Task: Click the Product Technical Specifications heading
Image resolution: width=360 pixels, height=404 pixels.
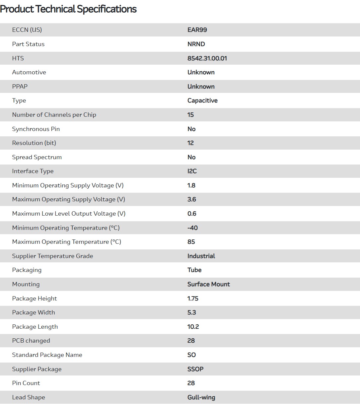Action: point(68,9)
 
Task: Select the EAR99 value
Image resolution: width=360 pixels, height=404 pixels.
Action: point(197,30)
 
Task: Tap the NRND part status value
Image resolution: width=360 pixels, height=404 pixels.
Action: point(196,44)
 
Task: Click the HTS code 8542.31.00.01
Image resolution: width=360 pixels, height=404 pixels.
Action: point(207,58)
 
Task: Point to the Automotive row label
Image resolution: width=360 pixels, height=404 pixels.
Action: point(29,72)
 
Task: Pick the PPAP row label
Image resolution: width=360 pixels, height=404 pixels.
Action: point(20,87)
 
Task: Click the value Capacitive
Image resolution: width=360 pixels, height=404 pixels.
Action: point(202,101)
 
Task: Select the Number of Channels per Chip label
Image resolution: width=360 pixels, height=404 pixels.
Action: point(54,115)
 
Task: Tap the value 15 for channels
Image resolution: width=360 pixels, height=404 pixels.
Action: point(190,115)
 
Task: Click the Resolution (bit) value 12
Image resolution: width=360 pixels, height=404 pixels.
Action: point(190,143)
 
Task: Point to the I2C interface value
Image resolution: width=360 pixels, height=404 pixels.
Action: point(192,171)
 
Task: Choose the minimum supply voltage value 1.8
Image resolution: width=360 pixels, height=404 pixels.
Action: point(191,185)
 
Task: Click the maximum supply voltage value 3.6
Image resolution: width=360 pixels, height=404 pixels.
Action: point(192,199)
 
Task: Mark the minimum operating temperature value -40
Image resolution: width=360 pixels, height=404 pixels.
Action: point(192,228)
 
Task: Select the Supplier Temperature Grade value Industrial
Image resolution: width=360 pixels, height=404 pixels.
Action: point(201,256)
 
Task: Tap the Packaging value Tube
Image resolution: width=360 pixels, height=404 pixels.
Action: point(194,270)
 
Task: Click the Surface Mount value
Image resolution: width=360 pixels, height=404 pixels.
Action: point(208,284)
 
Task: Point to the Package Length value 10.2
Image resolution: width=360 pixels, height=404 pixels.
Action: point(193,327)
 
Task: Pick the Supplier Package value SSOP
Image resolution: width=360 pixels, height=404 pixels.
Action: point(195,369)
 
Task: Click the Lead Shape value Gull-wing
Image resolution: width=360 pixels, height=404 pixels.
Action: point(201,397)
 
